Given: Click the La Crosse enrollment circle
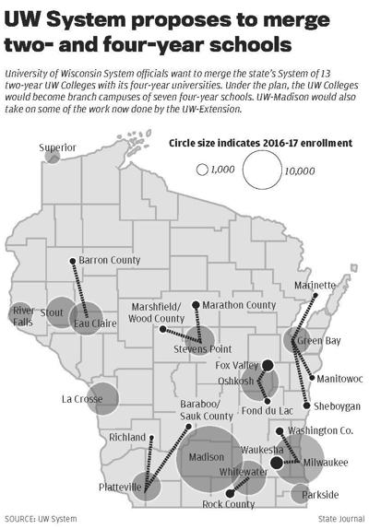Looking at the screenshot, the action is [99, 398].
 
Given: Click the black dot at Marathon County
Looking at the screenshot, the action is [196, 305].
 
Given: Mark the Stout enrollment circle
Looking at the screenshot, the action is [58, 312].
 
